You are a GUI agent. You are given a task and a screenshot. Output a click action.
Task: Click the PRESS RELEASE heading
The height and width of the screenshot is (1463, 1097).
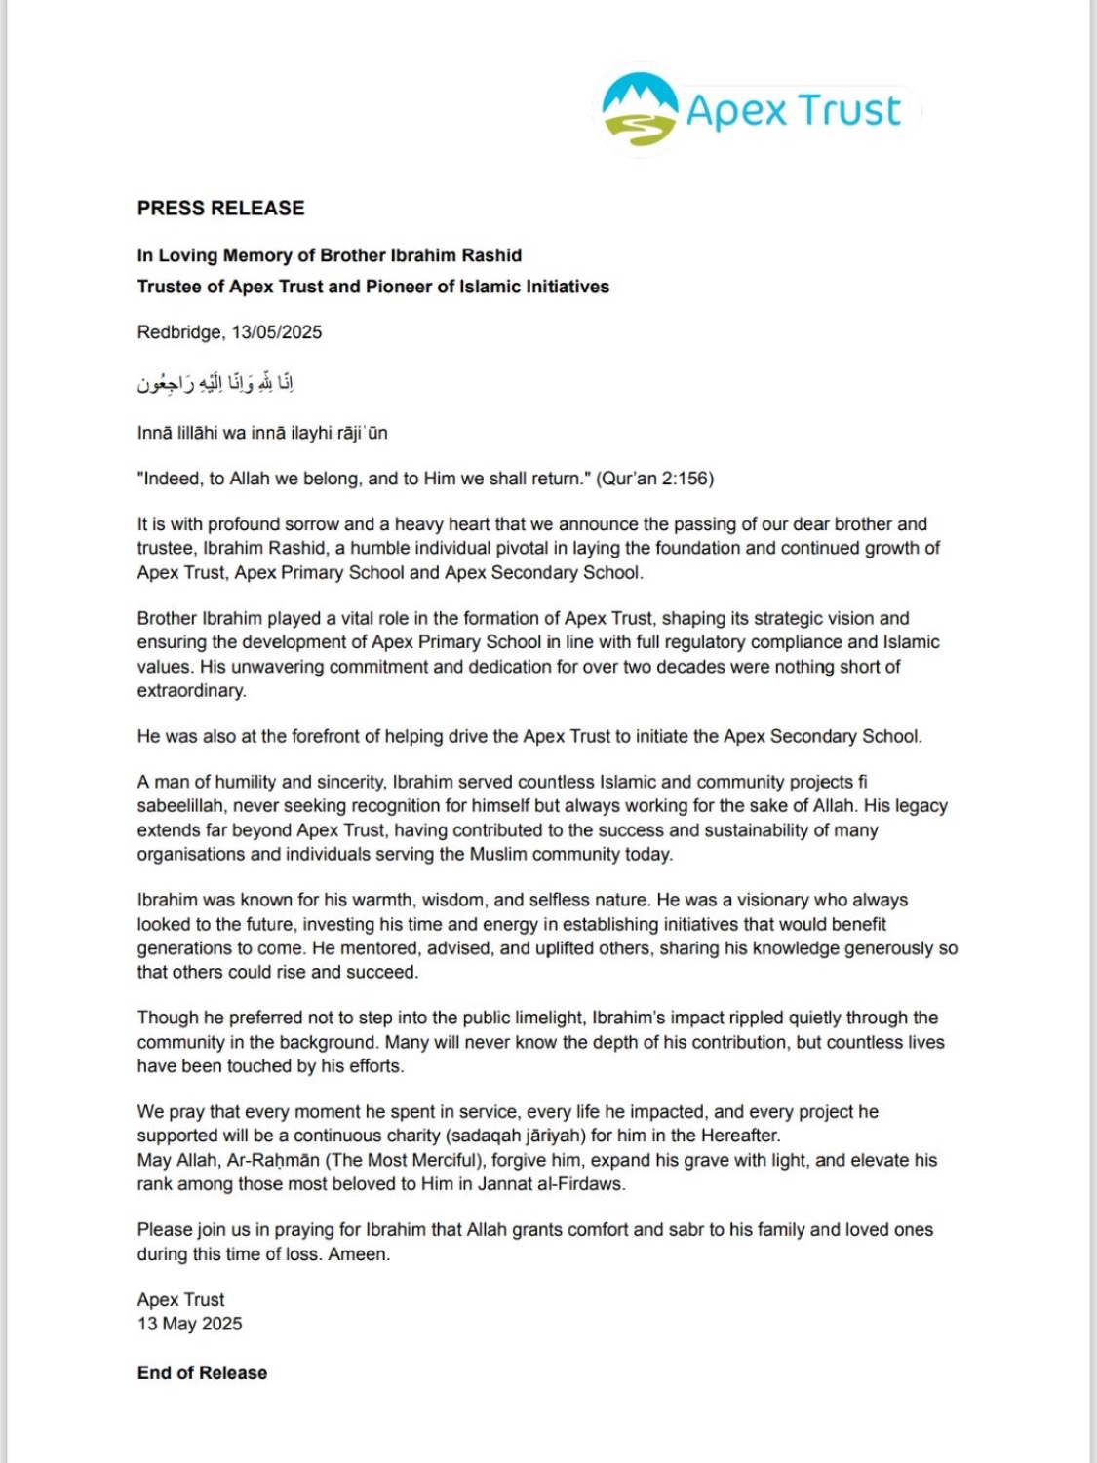(x=220, y=208)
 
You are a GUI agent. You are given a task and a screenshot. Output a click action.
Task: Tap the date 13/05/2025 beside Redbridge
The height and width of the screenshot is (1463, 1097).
(x=276, y=332)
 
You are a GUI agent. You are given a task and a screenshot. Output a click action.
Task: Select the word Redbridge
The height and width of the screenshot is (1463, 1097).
(x=179, y=332)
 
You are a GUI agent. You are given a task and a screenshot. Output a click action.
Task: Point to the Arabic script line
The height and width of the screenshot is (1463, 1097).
(x=215, y=383)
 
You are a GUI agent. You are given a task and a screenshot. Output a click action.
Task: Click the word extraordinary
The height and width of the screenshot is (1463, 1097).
(x=190, y=691)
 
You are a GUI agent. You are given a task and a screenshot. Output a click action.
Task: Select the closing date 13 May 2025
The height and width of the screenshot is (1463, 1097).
(x=189, y=1324)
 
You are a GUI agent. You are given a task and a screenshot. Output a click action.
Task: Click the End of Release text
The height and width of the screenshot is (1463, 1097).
(x=202, y=1372)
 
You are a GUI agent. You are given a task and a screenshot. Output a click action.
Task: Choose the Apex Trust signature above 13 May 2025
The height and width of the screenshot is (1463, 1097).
(x=180, y=1299)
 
